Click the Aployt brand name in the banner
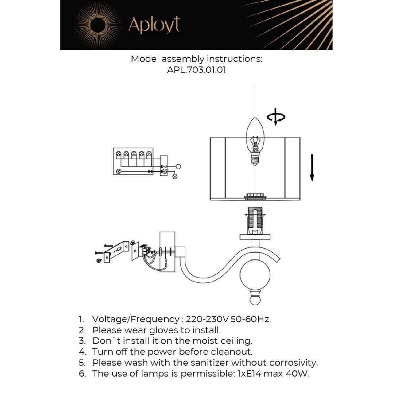pos(154,25)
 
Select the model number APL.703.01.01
pos(196,70)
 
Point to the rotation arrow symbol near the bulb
pos(276,117)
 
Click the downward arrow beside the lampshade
pos(312,168)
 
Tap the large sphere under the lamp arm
pos(255,274)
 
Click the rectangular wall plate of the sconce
pos(167,252)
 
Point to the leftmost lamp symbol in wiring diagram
pos(119,154)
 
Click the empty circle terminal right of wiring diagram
pos(178,166)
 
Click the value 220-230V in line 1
pos(207,319)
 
